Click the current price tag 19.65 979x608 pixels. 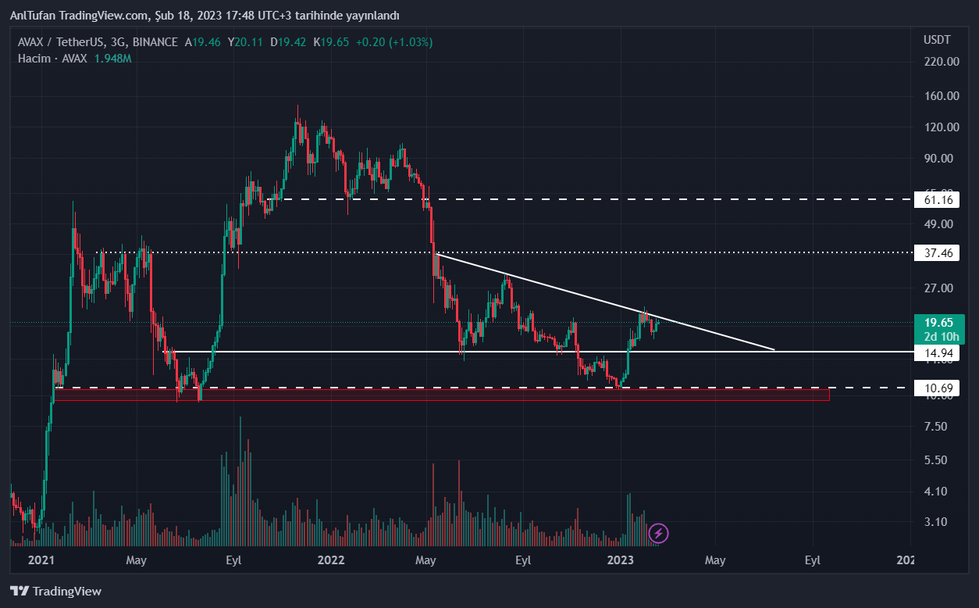coord(938,322)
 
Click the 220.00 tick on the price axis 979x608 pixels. coord(941,61)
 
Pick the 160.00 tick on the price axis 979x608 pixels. coord(941,96)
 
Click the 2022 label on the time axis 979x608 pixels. coord(331,560)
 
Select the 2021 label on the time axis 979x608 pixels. coord(41,560)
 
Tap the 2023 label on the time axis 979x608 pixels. coord(621,560)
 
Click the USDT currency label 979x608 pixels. coord(937,39)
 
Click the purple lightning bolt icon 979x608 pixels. coord(659,534)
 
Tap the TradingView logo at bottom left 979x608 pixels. coord(55,592)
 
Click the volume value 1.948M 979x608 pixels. coord(112,59)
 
